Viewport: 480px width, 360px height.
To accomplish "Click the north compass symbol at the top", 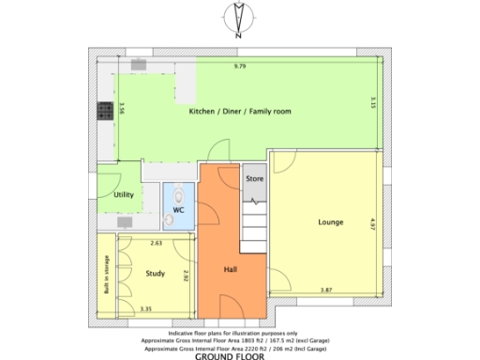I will [239, 19].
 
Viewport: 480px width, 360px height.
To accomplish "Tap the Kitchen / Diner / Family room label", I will [240, 112].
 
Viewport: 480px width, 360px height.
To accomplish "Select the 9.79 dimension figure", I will [240, 67].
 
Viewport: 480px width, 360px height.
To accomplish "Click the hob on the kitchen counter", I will [105, 111].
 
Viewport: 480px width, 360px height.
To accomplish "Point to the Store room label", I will [254, 177].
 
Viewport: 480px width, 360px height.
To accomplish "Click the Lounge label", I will [330, 222].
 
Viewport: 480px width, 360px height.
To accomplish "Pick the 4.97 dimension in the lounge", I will [372, 223].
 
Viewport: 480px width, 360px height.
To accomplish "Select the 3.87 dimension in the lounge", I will [326, 290].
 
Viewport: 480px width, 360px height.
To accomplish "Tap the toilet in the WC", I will [175, 195].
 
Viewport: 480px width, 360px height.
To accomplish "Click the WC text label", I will [176, 212].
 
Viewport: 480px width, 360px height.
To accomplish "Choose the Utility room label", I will [123, 195].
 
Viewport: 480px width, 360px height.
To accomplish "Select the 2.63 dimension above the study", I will [157, 243].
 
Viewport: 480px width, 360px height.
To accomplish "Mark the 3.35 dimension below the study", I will [145, 308].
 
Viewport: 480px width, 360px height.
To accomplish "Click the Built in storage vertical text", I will [106, 273].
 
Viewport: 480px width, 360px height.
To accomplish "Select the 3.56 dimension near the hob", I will [122, 111].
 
